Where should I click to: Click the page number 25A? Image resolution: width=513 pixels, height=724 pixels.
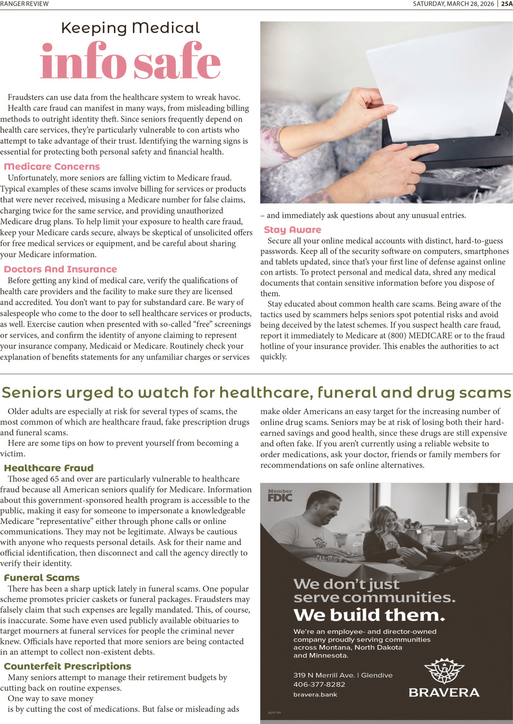[x=506, y=4]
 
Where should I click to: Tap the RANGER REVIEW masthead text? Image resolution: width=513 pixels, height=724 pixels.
[x=24, y=4]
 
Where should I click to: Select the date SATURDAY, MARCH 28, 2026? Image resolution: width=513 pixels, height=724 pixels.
[x=453, y=4]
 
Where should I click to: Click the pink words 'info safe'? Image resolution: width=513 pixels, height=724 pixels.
[x=130, y=62]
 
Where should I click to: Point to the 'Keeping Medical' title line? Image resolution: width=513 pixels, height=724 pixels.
[x=130, y=28]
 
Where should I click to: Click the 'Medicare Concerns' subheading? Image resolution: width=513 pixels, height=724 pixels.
[x=52, y=167]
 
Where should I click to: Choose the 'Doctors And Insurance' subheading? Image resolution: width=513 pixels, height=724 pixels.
[x=61, y=269]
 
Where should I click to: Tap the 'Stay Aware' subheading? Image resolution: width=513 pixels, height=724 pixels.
[x=292, y=230]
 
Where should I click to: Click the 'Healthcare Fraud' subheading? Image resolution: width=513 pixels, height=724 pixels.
[x=49, y=468]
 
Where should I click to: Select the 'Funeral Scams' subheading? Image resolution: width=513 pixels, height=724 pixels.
[x=42, y=578]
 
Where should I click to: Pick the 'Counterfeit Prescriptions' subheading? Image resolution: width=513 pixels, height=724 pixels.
[x=68, y=667]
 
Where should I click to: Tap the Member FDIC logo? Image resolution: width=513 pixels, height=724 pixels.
[x=280, y=495]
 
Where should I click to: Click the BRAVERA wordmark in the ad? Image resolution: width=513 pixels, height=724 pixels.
[x=444, y=693]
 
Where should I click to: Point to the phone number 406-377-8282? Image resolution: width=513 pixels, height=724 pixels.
[x=319, y=685]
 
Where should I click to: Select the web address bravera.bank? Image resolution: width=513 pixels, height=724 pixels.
[x=315, y=695]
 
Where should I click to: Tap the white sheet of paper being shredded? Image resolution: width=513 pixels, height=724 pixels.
[x=441, y=77]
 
